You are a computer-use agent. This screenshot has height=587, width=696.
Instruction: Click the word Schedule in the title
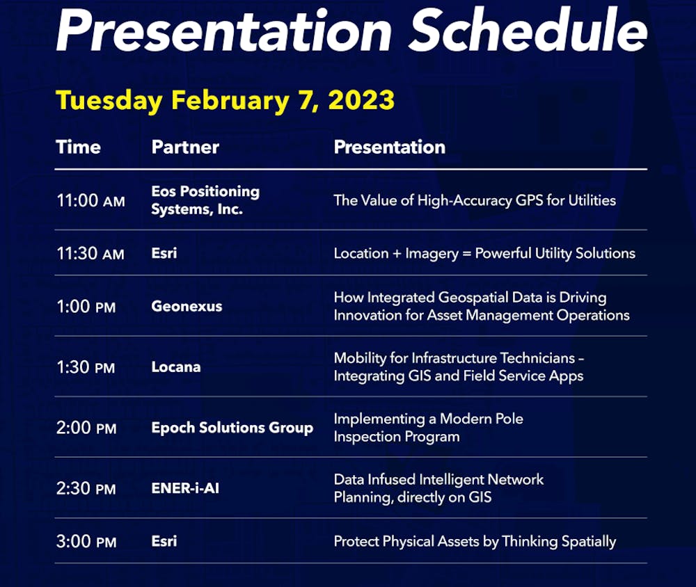click(x=528, y=30)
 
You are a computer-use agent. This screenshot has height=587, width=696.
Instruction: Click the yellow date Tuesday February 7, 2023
click(x=225, y=100)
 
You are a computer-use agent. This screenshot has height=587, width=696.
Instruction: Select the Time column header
click(x=78, y=147)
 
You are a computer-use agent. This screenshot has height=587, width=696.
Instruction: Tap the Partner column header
click(x=185, y=147)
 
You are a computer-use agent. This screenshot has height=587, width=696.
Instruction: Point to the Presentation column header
click(x=389, y=147)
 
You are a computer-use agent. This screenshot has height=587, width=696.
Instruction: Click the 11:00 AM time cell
click(x=90, y=200)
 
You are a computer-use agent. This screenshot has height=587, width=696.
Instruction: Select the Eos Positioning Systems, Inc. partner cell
click(x=205, y=200)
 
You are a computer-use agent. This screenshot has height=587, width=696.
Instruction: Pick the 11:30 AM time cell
click(x=90, y=253)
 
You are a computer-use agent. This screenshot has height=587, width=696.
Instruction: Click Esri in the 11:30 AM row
click(x=164, y=253)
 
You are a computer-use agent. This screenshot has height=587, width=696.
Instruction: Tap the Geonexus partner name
click(x=187, y=306)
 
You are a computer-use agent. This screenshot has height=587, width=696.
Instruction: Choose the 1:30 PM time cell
click(x=86, y=367)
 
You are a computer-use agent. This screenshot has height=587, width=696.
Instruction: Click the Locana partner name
click(x=176, y=367)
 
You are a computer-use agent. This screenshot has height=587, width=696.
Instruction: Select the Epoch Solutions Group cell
click(x=232, y=428)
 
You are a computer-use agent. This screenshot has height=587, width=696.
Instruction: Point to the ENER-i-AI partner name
click(x=185, y=488)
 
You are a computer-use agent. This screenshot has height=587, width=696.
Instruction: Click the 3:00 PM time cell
click(x=86, y=541)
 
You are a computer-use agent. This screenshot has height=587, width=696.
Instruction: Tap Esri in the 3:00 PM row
click(x=164, y=541)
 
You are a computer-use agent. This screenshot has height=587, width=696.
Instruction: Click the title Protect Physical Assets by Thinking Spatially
click(x=475, y=542)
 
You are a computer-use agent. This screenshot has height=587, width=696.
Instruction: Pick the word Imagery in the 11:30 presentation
click(x=432, y=254)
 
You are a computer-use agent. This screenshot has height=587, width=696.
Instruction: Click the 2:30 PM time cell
click(x=86, y=488)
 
